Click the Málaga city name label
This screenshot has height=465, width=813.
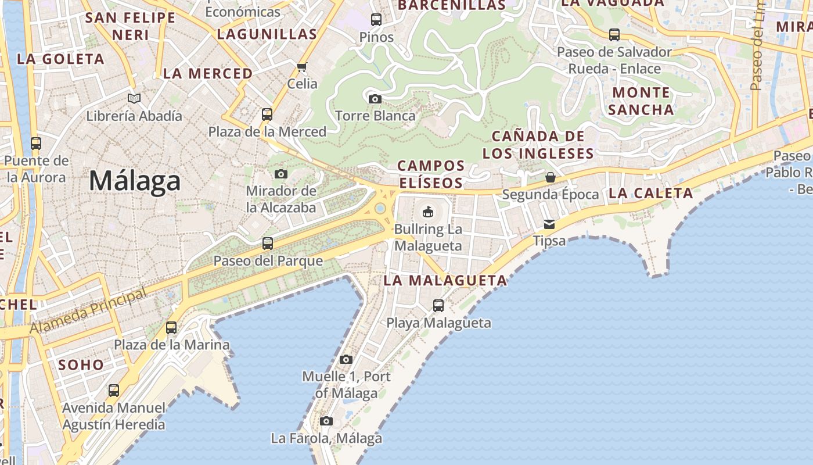(135, 181)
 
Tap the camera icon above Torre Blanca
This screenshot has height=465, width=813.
(375, 99)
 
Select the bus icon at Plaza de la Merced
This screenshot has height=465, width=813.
(267, 114)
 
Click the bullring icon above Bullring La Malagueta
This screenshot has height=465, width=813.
(428, 212)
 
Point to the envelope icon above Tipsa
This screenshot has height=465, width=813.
(549, 224)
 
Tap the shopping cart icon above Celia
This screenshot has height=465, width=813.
(302, 67)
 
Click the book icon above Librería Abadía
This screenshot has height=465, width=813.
(134, 99)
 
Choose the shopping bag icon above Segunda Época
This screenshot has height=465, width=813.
(550, 177)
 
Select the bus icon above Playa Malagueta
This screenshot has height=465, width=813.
(438, 305)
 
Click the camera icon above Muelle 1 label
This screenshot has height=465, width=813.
(346, 359)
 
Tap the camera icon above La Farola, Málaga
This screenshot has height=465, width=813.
(326, 421)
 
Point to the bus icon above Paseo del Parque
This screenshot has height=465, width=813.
(268, 244)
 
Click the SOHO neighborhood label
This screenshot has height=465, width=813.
(81, 365)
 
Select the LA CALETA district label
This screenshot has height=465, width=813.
(650, 194)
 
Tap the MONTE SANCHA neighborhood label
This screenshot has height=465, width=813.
(641, 101)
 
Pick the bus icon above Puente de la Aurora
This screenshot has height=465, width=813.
(36, 143)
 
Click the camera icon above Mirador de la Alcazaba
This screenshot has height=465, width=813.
(281, 174)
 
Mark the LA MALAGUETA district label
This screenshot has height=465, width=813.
(445, 281)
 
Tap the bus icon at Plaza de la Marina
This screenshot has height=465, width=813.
(171, 327)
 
